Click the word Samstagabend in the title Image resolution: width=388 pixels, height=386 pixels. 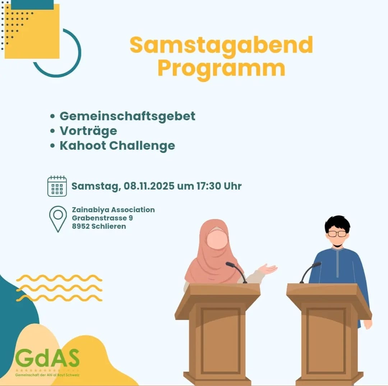[x=221, y=45]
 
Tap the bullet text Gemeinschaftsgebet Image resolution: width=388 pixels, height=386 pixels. [x=128, y=116]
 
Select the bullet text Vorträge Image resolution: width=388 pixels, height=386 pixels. [x=88, y=131]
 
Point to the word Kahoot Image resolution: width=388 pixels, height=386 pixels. [x=83, y=146]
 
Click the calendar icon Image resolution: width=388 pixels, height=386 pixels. [x=57, y=186]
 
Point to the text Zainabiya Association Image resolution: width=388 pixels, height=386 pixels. [x=113, y=210]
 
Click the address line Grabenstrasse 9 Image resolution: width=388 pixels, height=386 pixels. [x=102, y=218]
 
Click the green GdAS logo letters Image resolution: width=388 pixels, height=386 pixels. [x=47, y=358]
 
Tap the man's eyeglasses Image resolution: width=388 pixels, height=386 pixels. [x=337, y=234]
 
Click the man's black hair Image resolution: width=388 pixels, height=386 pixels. [x=337, y=223]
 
